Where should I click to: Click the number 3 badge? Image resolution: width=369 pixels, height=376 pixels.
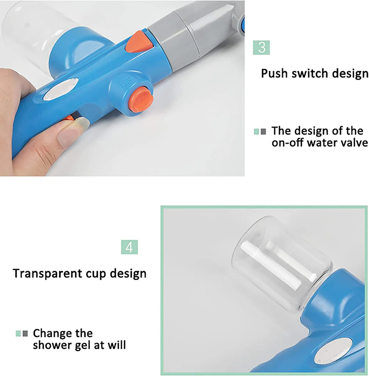(x=262, y=48)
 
